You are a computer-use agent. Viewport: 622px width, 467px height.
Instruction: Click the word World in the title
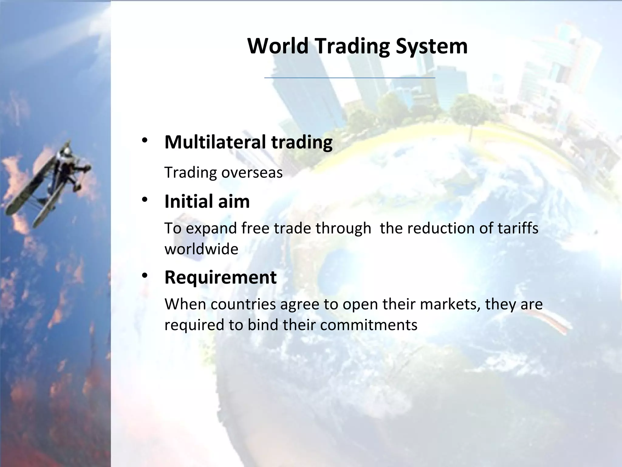click(x=278, y=46)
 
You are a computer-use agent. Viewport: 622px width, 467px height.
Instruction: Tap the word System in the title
click(x=432, y=46)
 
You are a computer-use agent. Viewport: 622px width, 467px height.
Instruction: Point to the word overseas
click(x=252, y=173)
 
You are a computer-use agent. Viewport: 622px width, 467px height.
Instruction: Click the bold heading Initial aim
click(x=207, y=201)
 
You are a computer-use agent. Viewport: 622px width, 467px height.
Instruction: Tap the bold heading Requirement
click(x=220, y=277)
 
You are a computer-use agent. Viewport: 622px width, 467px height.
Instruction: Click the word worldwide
click(x=201, y=249)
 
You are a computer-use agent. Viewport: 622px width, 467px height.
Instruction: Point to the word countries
click(x=243, y=304)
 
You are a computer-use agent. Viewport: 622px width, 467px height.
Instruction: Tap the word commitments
click(x=369, y=325)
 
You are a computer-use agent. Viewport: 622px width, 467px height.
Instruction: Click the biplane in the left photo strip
click(x=49, y=182)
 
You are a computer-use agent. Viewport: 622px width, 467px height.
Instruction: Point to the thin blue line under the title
click(x=350, y=78)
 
